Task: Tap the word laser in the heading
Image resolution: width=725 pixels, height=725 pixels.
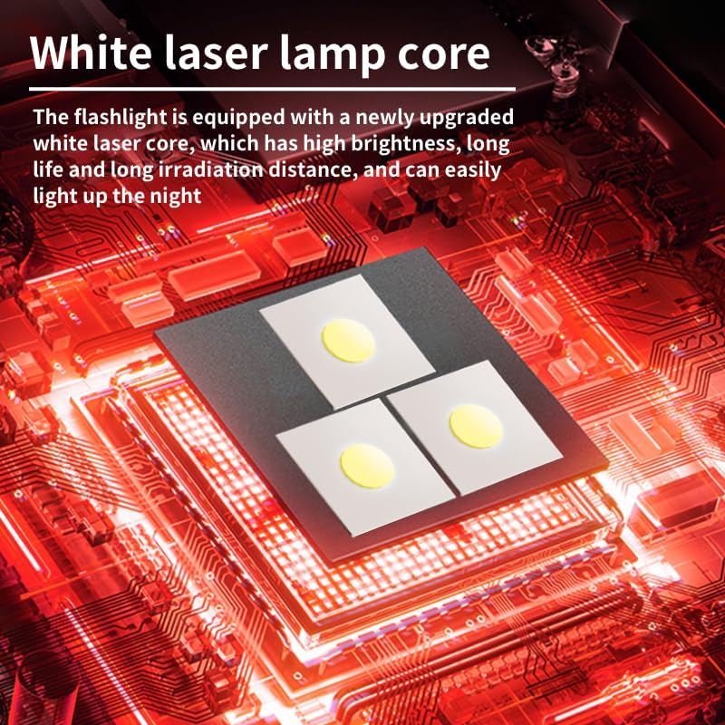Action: [x=216, y=53]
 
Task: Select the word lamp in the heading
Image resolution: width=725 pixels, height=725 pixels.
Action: [x=332, y=55]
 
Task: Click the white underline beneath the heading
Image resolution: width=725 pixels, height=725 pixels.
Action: [x=273, y=88]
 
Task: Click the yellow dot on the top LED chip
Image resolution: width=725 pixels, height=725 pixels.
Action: [x=348, y=341]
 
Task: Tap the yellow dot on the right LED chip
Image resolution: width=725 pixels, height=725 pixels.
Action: [x=476, y=426]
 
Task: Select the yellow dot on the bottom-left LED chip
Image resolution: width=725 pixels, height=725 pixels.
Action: [x=368, y=466]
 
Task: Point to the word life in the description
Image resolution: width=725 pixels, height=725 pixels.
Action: [x=48, y=169]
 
